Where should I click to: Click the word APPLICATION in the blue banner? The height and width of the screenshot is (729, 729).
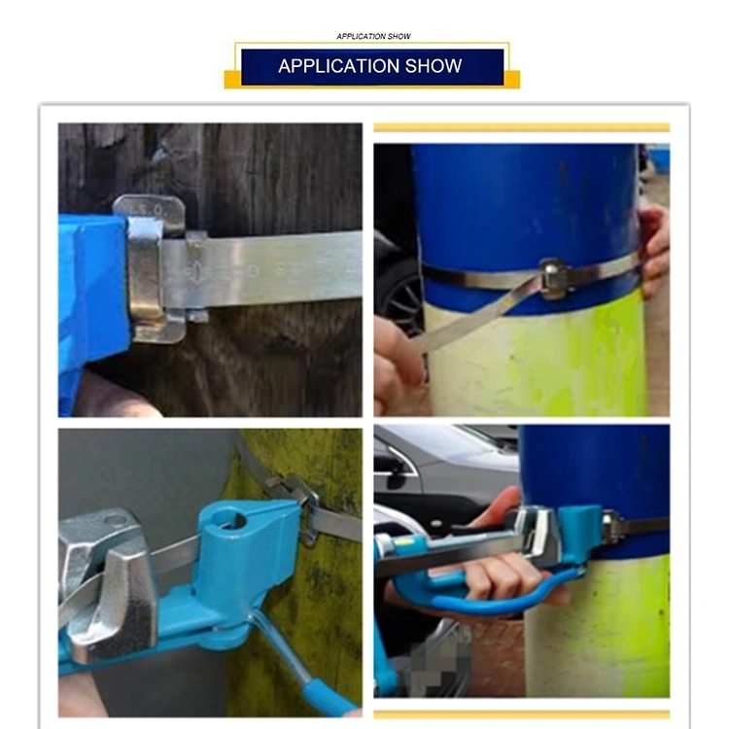coord(339,66)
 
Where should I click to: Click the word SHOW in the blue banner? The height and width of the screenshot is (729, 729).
coord(434,66)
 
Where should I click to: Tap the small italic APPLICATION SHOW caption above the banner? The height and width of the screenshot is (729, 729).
coord(373,36)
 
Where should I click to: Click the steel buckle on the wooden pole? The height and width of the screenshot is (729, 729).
coord(150,268)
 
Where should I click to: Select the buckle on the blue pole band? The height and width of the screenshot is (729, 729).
coord(553,278)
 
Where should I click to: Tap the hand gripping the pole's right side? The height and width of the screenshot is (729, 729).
coord(654,251)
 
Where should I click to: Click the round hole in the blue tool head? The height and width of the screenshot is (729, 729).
coord(228,520)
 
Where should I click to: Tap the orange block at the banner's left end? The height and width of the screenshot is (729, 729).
coord(232,79)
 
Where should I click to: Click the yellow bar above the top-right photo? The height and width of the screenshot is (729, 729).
coord(522,127)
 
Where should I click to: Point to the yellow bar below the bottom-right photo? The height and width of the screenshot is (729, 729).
coord(522,714)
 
